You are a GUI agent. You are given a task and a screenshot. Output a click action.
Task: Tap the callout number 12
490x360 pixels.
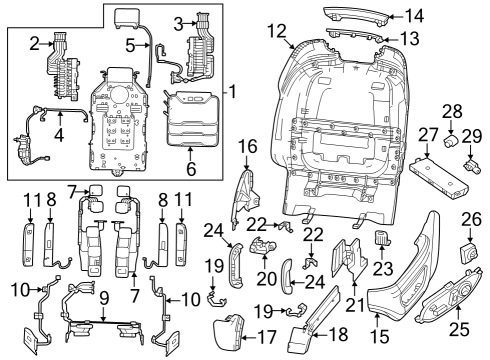[x=277, y=31]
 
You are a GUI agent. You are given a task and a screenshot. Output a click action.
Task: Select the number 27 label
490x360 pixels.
[x=428, y=135]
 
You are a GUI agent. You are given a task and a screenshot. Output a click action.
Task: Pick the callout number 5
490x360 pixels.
[x=132, y=46]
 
